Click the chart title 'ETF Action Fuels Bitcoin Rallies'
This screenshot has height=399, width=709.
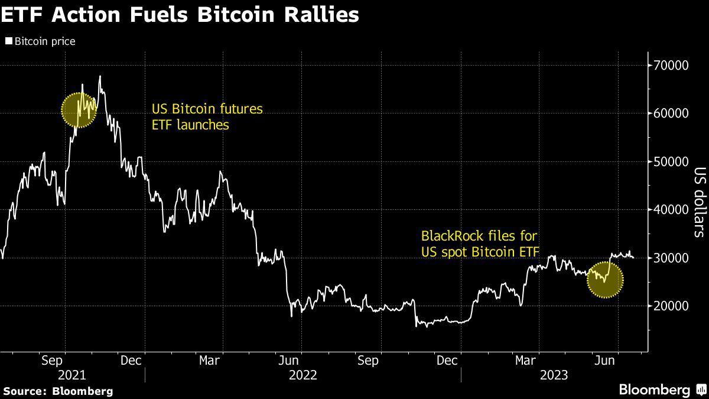[180, 14]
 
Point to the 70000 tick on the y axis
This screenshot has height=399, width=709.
[672, 65]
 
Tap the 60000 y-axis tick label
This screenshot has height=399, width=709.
[672, 113]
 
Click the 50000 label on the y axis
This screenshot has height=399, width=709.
[672, 161]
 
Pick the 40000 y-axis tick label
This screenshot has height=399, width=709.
[672, 210]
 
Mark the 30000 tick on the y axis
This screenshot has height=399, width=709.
[672, 258]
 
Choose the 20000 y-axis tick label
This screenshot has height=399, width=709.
[672, 306]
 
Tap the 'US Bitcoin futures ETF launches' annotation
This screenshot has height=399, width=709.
[207, 116]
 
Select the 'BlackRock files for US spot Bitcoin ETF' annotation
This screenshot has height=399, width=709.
[480, 244]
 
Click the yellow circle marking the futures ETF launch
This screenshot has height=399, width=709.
[79, 109]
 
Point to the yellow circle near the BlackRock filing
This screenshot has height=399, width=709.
[605, 280]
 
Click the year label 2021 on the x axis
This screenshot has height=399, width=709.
[71, 375]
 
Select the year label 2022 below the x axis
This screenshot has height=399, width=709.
[303, 375]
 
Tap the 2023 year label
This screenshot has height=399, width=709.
[554, 375]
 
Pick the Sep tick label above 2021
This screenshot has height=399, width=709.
[53, 360]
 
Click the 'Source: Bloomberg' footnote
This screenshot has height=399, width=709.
[57, 391]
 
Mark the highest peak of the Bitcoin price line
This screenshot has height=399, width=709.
[100, 76]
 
